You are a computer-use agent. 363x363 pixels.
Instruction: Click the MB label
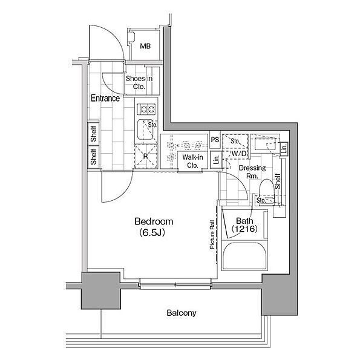point(145,47)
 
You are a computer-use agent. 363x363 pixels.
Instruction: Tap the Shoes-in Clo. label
point(139,82)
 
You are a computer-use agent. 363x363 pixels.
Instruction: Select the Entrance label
point(105,98)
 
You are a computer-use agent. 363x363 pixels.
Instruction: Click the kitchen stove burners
point(146,109)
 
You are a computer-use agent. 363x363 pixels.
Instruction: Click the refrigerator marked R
point(146,156)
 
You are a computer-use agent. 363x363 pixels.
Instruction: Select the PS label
point(215,140)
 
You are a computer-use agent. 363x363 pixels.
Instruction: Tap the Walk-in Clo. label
point(192,161)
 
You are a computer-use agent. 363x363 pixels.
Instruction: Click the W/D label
point(239,153)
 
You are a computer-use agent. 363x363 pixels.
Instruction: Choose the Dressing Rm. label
point(252,172)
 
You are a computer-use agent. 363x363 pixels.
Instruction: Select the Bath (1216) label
point(244,225)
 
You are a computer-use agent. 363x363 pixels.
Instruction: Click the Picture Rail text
point(212,234)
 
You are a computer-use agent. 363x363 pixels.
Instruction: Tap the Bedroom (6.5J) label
point(154,227)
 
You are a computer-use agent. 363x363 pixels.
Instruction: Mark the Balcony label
point(181,313)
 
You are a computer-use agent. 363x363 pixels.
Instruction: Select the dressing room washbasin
point(266,143)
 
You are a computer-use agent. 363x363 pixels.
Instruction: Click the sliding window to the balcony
point(175,284)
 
